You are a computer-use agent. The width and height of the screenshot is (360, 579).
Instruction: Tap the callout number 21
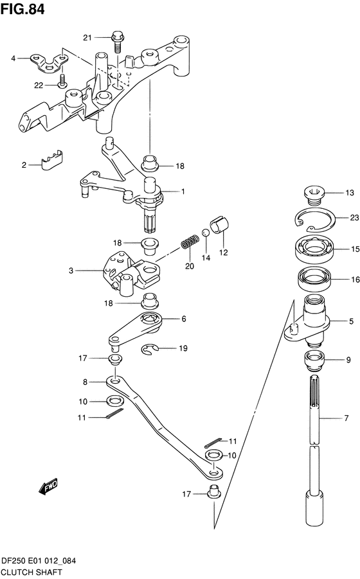(x=87, y=38)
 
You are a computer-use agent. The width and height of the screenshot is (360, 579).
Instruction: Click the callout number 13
(x=349, y=193)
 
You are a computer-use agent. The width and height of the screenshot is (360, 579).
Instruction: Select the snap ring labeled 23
(x=314, y=220)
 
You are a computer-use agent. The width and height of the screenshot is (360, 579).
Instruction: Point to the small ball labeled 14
(x=205, y=231)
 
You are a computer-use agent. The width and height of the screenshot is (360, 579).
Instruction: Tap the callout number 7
(x=346, y=419)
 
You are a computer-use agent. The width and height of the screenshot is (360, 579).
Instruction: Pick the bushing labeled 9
(x=314, y=361)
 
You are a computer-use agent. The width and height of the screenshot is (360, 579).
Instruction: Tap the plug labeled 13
(x=314, y=192)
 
